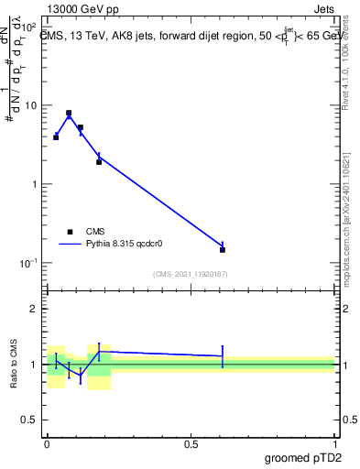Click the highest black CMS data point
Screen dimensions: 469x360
pos(69,113)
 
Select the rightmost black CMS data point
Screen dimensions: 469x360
pos(223,249)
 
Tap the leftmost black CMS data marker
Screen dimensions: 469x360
pos(56,136)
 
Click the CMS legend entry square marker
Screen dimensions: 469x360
pos(70,232)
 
